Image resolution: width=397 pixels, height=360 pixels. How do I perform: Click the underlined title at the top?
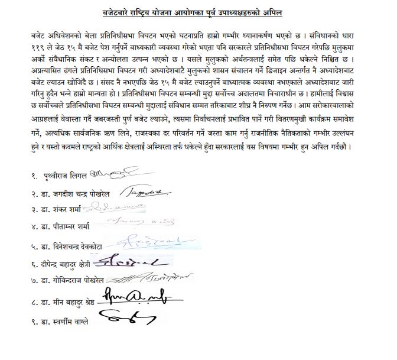pyautogui.click(x=198, y=11)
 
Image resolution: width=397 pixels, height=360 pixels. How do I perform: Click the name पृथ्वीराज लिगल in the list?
pyautogui.click(x=67, y=176)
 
